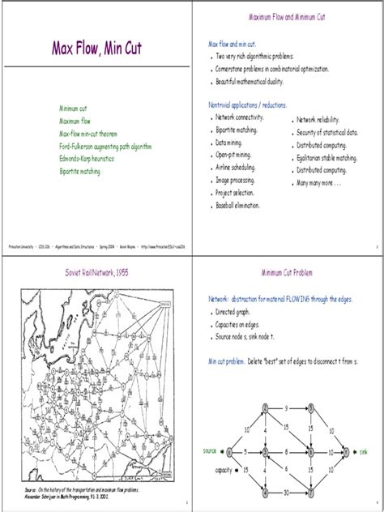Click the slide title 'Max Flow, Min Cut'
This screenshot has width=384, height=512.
coord(96,49)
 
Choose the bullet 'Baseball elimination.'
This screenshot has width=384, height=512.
coord(238,206)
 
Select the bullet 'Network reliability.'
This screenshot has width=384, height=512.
coord(322,118)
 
